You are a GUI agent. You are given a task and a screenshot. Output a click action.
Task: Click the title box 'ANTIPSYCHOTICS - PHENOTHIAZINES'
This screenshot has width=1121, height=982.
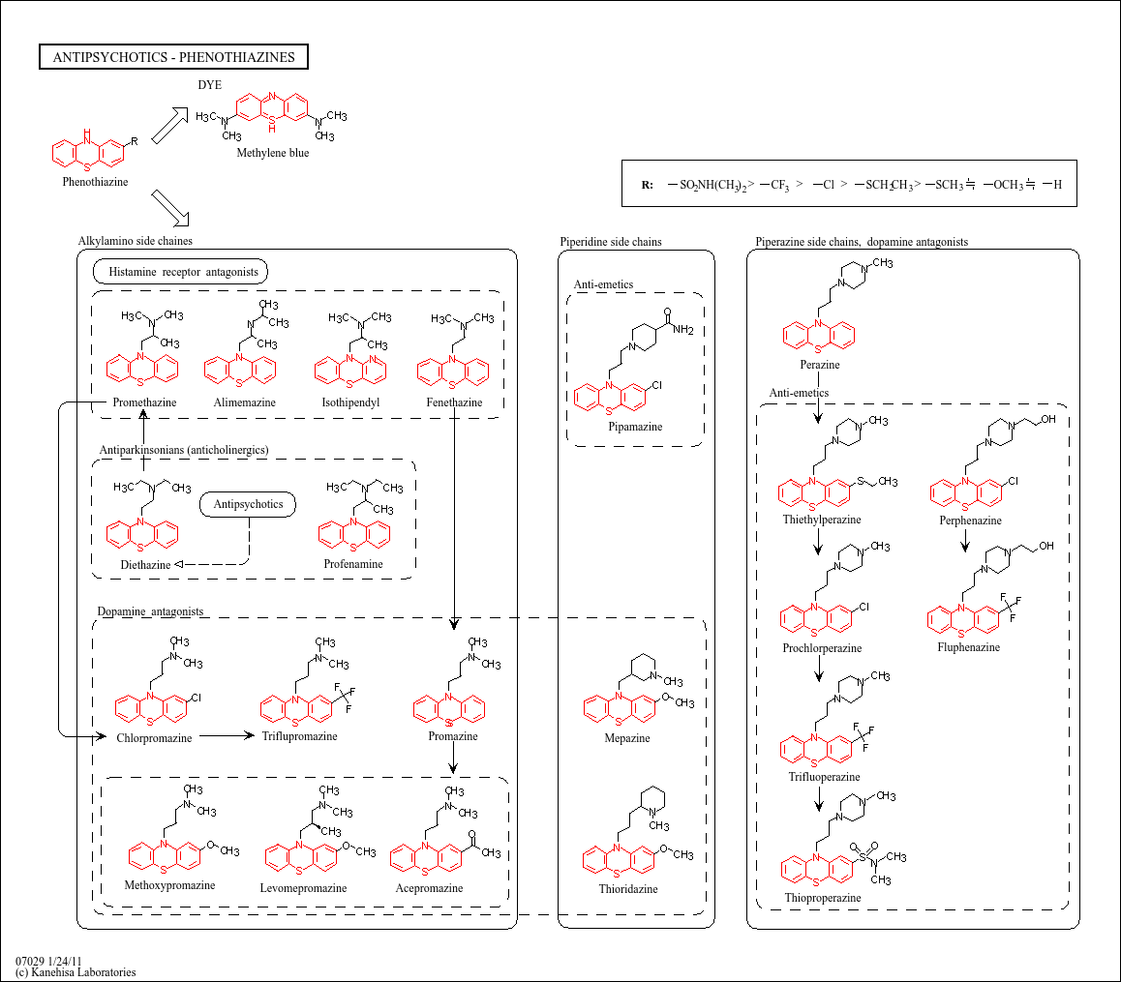(x=173, y=57)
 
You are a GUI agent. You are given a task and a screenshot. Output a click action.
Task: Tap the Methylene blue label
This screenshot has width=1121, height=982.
(x=273, y=153)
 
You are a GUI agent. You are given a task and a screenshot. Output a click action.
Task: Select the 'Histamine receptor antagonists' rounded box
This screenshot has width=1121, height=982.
(x=181, y=272)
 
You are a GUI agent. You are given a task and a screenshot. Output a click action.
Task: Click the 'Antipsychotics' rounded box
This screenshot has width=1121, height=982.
(x=248, y=504)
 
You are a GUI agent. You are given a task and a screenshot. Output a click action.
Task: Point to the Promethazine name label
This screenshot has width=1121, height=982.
(x=144, y=402)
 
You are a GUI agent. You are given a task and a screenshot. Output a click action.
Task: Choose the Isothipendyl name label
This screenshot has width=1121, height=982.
(x=350, y=402)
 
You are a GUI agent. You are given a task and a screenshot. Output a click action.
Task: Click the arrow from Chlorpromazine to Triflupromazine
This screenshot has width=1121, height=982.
(x=227, y=735)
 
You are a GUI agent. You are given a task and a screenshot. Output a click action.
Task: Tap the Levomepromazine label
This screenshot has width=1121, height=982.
(x=303, y=888)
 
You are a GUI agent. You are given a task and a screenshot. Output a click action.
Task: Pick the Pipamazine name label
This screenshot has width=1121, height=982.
(x=636, y=427)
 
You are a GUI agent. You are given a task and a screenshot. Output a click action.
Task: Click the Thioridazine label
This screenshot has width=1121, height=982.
(x=628, y=889)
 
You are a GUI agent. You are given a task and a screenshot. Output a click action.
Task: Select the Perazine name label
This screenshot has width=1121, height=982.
(x=820, y=365)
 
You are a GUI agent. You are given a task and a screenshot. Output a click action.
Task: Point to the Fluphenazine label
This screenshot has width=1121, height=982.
(x=969, y=647)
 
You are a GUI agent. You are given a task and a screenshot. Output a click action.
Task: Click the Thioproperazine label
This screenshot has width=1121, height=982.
(x=823, y=899)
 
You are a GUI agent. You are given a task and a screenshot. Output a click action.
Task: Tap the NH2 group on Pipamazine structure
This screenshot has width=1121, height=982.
(x=682, y=330)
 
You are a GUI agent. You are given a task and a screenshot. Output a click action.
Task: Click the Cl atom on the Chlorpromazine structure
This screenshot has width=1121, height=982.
(x=196, y=698)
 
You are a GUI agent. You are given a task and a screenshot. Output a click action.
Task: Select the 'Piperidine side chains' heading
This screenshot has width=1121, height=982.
(x=611, y=242)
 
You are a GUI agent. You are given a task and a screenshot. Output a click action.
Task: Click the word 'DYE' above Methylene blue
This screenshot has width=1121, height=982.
(x=209, y=84)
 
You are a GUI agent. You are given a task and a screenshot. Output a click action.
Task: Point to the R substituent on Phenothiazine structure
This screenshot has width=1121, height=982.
(x=135, y=141)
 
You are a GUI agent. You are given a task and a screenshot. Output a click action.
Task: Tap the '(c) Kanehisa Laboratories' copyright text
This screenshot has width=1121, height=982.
(x=76, y=972)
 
